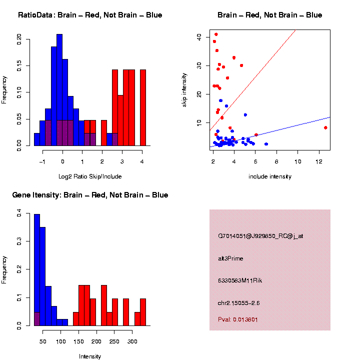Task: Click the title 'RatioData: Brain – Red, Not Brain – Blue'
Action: [x=90, y=15]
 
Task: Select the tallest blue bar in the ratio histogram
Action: [x=59, y=90]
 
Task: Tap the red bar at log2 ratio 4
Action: [x=143, y=107]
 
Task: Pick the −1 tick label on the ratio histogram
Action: [x=42, y=154]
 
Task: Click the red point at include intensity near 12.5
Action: [x=325, y=127]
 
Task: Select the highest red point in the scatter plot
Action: [x=216, y=34]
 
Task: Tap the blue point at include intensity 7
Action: [x=266, y=144]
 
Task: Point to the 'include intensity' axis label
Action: [x=270, y=176]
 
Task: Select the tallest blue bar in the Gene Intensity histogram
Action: [x=37, y=270]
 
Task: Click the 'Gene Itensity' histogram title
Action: [x=90, y=195]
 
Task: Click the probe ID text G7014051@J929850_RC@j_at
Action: [x=260, y=236]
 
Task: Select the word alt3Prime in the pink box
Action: [x=230, y=258]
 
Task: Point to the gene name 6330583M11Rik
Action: [x=240, y=280]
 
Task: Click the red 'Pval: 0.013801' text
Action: [x=238, y=319]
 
